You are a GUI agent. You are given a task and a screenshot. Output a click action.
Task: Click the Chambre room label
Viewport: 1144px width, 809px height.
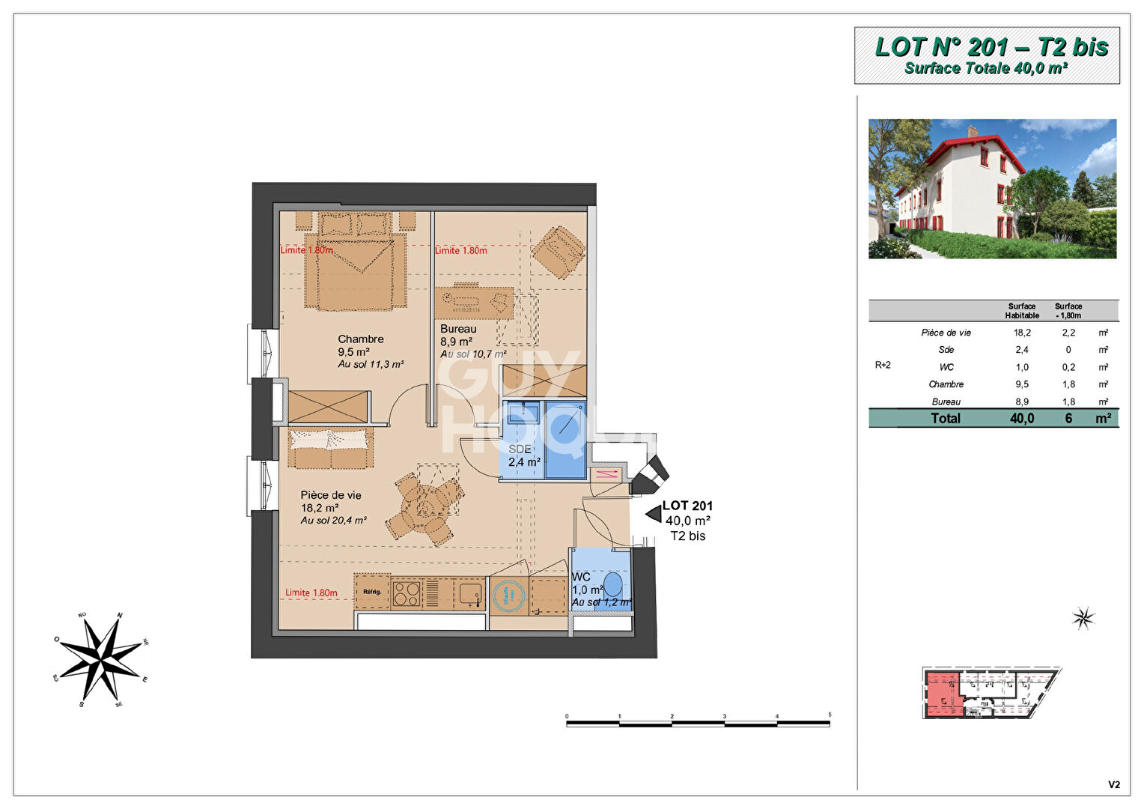point(360,339)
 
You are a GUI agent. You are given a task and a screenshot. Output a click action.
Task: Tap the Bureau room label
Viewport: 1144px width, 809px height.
point(458,329)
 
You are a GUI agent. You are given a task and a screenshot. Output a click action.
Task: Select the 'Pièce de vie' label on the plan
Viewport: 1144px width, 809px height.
point(331,495)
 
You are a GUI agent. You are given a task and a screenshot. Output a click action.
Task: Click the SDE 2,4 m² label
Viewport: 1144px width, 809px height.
point(523,455)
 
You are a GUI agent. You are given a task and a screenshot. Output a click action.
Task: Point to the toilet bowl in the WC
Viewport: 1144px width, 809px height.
point(613,584)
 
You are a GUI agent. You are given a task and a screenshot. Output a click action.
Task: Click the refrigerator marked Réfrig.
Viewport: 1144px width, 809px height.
point(372,592)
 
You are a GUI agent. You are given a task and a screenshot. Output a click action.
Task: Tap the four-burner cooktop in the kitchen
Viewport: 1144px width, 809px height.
point(407,593)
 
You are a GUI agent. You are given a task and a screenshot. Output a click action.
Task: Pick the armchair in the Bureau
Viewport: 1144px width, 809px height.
point(558,252)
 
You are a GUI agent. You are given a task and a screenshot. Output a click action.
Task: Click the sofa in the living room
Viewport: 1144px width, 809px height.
point(330,447)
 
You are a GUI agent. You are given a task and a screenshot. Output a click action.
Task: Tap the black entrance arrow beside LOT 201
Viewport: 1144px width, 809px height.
point(653,514)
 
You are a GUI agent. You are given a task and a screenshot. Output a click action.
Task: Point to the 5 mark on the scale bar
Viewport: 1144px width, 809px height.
point(830,716)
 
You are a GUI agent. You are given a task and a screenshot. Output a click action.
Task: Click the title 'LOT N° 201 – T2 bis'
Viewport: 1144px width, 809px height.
point(991,47)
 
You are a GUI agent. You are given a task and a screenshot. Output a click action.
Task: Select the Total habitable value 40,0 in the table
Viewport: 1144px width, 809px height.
point(1022,418)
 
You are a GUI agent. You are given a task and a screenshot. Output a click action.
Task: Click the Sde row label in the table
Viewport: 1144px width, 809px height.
point(946,350)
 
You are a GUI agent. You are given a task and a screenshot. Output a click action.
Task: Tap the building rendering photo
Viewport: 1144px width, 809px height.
point(992,189)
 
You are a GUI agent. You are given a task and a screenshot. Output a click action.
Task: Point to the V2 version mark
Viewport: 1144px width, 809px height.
point(1114,785)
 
